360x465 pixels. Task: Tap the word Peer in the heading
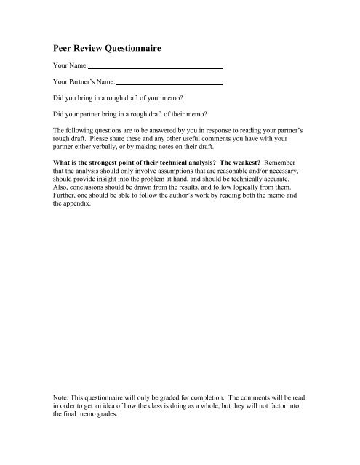click(64, 49)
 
